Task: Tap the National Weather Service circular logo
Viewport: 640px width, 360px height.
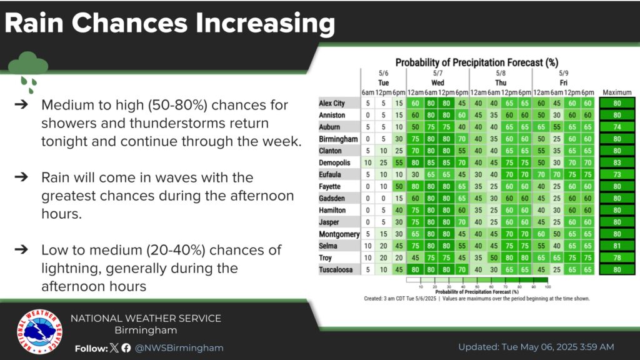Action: pyautogui.click(x=39, y=331)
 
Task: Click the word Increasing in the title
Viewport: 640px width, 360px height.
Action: pyautogui.click(x=263, y=23)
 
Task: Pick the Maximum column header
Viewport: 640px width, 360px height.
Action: pyautogui.click(x=617, y=93)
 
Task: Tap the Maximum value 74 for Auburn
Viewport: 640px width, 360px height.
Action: pyautogui.click(x=617, y=127)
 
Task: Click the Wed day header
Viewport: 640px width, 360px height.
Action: pyautogui.click(x=437, y=82)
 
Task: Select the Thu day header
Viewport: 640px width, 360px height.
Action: pyautogui.click(x=501, y=82)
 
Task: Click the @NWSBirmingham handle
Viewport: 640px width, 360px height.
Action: pyautogui.click(x=179, y=347)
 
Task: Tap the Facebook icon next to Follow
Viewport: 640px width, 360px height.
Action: pyautogui.click(x=126, y=347)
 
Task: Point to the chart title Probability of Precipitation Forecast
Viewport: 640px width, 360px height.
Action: pyautogui.click(x=476, y=62)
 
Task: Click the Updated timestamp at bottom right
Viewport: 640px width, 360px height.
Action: pyautogui.click(x=536, y=347)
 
